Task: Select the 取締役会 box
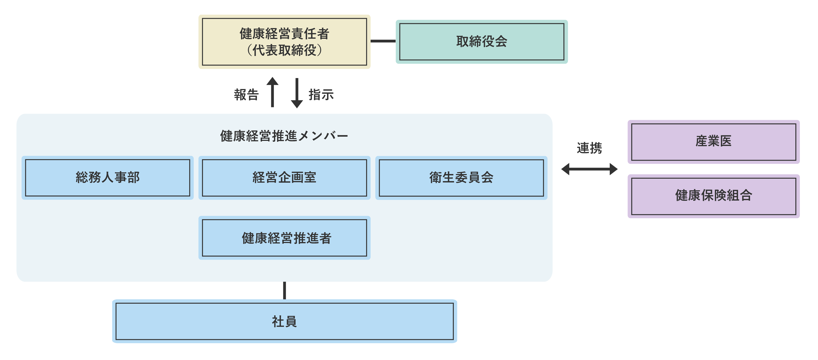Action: tap(481, 42)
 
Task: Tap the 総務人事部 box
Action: tap(107, 178)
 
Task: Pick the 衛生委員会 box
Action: tap(461, 178)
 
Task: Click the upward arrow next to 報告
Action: tap(272, 92)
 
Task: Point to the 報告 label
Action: tap(246, 95)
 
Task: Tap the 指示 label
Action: tap(321, 95)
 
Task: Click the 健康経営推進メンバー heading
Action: tap(284, 136)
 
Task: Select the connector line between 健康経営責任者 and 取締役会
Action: tap(383, 41)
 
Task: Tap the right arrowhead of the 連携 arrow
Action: tap(614, 169)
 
